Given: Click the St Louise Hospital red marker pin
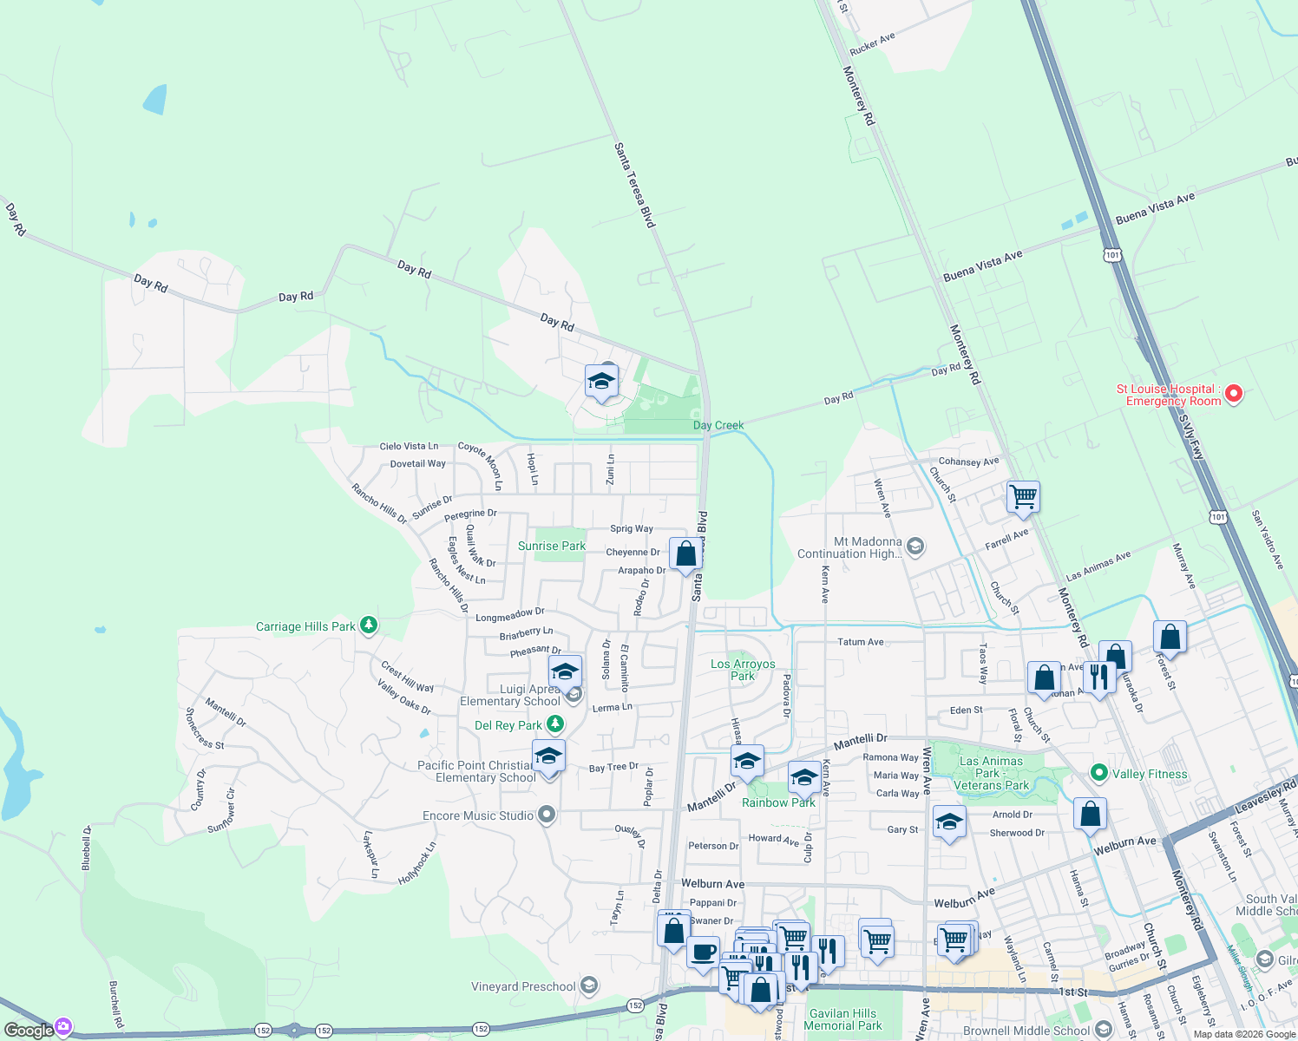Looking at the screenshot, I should tap(1233, 394).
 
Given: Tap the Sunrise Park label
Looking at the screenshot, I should tap(551, 546).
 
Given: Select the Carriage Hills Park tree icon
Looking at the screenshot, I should tap(369, 625).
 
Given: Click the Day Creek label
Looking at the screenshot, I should tap(718, 425).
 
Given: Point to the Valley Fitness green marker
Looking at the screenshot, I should tap(1098, 772).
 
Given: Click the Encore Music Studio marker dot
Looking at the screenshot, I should tap(546, 814).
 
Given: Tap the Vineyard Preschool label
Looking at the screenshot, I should tap(523, 986).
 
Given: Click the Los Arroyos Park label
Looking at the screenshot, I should tap(743, 670).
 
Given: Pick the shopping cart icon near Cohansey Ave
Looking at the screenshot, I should tap(1024, 497).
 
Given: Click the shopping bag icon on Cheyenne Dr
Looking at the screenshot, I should tap(685, 553).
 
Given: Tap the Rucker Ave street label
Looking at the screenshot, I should tap(872, 44).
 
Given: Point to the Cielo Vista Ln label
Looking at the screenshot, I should tap(409, 446).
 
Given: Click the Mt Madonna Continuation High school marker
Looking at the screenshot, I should tap(915, 546).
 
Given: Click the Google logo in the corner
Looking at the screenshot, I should tap(29, 1030).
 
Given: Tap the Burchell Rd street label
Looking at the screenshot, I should tap(115, 1005).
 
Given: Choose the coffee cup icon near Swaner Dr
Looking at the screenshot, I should tap(703, 951).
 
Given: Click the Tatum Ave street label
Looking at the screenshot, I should tap(860, 642).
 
